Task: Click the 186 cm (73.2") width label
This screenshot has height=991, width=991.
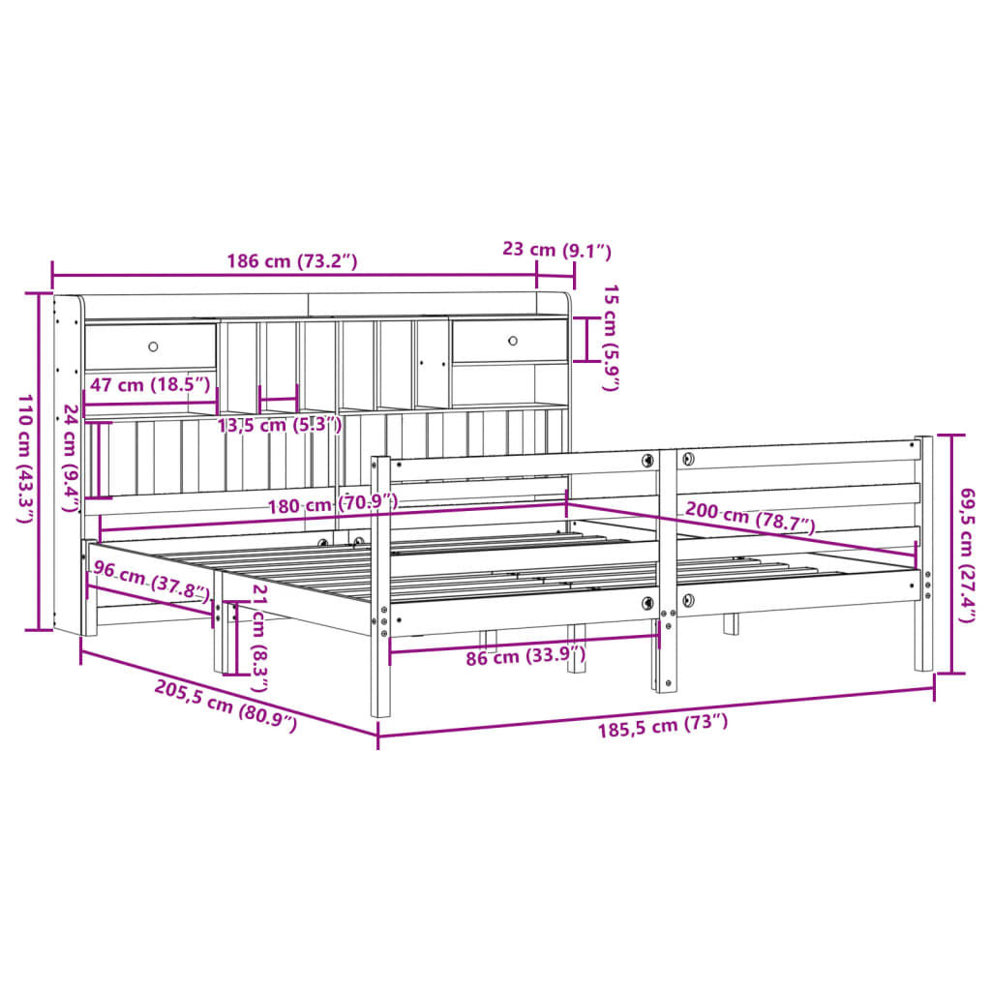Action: (292, 260)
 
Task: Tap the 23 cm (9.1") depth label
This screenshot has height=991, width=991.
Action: (556, 250)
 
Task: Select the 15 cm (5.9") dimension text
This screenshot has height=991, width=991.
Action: (610, 338)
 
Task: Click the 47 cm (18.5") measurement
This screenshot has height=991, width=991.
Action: (149, 384)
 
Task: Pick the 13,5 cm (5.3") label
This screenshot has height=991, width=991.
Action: (279, 425)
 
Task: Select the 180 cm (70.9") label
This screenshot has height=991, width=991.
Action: (335, 502)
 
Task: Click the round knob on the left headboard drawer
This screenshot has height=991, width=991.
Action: (153, 345)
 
